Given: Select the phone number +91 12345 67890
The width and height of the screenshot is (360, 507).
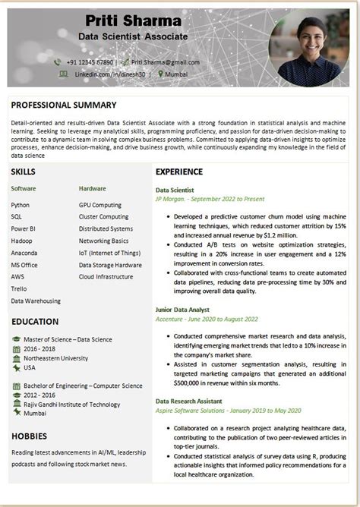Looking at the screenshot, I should click(x=89, y=61).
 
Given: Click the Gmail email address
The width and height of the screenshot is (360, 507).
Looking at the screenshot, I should click(x=165, y=61).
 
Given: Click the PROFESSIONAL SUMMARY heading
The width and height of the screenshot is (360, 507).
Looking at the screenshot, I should click(x=63, y=105).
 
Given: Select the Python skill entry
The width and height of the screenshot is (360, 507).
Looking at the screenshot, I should click(x=21, y=205).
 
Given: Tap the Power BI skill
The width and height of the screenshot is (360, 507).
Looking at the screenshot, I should click(x=24, y=228).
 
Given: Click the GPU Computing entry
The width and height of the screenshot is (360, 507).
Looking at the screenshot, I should click(x=99, y=205).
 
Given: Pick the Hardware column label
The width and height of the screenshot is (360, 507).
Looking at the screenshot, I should click(x=92, y=187).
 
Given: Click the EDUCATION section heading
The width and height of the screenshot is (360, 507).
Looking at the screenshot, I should click(x=36, y=321).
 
